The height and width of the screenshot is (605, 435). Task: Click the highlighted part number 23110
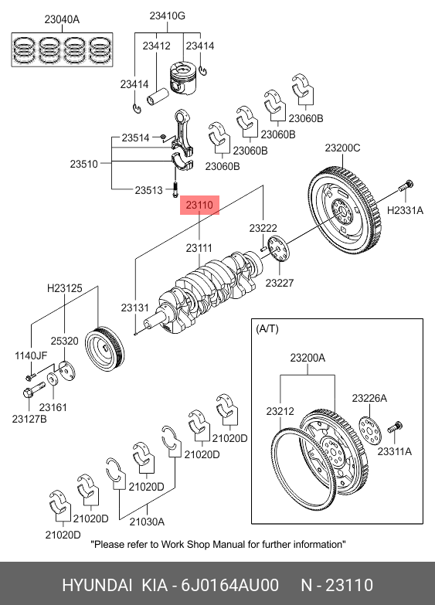point(199,205)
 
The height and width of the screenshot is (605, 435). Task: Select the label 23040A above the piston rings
point(62,19)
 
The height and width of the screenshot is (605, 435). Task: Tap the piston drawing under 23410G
point(182,78)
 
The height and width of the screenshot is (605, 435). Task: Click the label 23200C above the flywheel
point(342,148)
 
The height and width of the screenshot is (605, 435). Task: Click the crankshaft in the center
point(202,292)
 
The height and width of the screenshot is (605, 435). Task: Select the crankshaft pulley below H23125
point(104,348)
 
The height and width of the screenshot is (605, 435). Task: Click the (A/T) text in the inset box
point(267,328)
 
